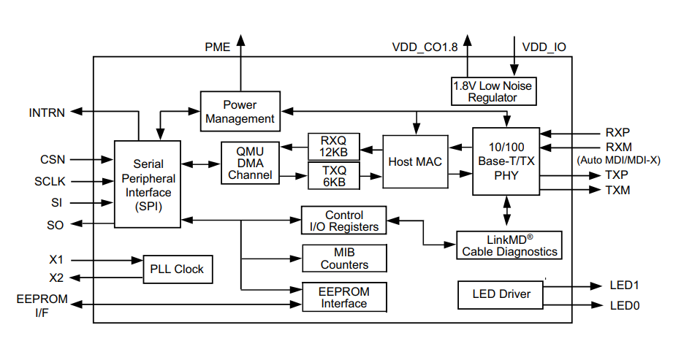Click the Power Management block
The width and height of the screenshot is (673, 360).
coord(240,112)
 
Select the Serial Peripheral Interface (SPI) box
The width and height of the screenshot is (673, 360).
coord(148,184)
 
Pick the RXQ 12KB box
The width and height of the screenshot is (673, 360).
coord(333,146)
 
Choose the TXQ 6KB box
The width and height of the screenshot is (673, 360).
coord(333,176)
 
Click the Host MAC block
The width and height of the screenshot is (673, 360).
coord(415,161)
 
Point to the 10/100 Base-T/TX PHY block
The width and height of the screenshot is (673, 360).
coord(506,161)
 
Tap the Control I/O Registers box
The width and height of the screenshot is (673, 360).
coord(344,221)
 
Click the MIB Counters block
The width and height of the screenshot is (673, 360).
coord(344,258)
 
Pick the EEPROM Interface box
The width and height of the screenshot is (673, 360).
coord(344,296)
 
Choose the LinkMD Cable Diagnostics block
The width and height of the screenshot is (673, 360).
coord(509,245)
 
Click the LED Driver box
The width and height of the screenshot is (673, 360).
coord(501,294)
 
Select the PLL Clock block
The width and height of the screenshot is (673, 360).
coord(177,269)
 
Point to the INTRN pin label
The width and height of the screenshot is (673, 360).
coord(47,112)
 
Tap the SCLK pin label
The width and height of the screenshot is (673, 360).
coord(50,181)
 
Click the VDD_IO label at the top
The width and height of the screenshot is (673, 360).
coord(544,47)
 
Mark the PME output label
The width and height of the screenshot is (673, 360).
coord(217,47)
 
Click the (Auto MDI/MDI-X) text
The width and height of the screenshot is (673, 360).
coord(618,160)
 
